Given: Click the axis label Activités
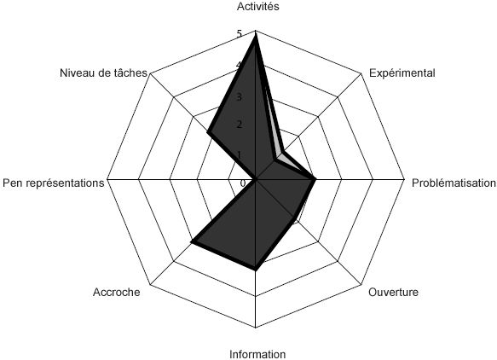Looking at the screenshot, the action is (x=258, y=7).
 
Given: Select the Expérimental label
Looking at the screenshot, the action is (x=402, y=73).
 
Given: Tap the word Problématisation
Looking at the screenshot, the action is (x=454, y=183).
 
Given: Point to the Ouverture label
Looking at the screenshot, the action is (x=393, y=292).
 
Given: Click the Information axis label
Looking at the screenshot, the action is (x=257, y=354).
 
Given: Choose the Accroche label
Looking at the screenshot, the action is (x=116, y=292).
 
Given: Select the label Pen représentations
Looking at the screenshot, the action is (x=53, y=183).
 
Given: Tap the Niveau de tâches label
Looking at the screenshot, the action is (x=103, y=73).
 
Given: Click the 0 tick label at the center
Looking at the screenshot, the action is (x=243, y=183).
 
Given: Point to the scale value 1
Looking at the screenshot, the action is (x=239, y=155).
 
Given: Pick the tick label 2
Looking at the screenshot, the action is (x=239, y=125).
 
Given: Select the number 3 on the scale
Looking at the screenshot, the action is (x=239, y=96).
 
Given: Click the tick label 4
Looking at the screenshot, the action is (x=239, y=66).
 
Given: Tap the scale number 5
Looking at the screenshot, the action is (x=239, y=34).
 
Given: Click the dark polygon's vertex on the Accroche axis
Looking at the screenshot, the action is (x=192, y=242).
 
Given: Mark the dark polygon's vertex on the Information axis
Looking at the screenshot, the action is (x=256, y=269).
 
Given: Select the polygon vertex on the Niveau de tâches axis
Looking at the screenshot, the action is (x=209, y=131).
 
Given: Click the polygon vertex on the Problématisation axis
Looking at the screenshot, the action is (x=315, y=179).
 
